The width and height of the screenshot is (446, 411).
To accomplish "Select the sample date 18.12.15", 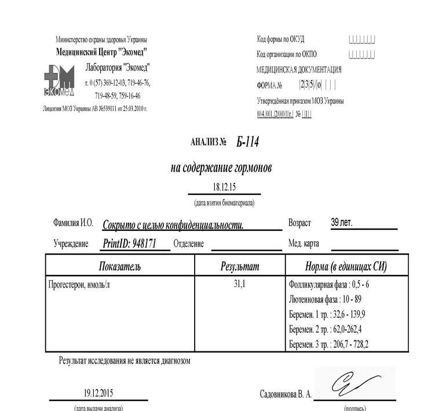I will (224, 187).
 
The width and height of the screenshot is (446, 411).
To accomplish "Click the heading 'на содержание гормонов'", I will (221, 168).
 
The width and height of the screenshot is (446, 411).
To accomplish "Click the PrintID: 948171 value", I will (130, 244).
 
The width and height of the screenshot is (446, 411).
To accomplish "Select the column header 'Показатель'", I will (120, 267).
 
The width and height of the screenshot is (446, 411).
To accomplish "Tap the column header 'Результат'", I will (240, 267).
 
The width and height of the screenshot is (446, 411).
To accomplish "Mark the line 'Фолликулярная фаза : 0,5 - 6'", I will (329, 285).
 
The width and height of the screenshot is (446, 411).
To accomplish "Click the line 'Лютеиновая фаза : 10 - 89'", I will (325, 300).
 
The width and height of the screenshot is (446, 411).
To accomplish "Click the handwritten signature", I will (352, 383).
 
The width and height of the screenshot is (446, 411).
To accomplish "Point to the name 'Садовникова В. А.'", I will (286, 394).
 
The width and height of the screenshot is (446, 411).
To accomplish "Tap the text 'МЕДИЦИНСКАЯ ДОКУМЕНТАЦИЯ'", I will (299, 69).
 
